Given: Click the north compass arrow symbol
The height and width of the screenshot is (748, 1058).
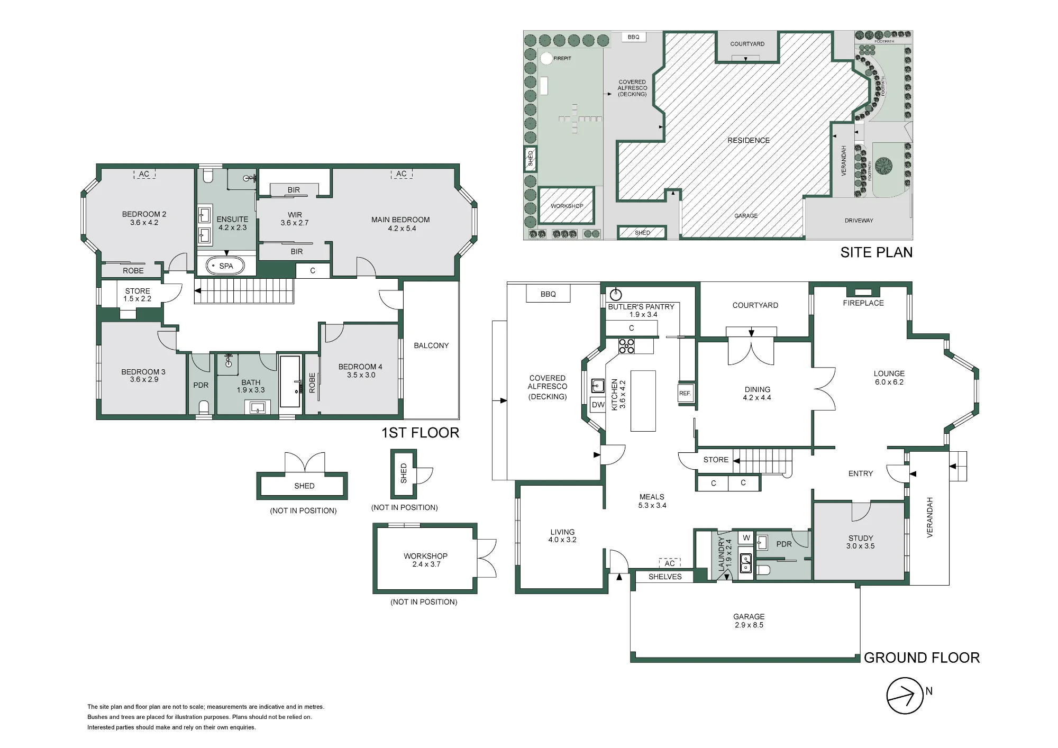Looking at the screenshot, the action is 905,696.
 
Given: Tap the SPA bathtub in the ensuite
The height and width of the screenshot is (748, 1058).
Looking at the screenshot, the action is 225,266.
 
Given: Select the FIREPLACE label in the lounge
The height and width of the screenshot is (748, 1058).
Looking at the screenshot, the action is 863,303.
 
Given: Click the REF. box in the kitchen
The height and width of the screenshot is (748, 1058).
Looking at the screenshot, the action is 685,393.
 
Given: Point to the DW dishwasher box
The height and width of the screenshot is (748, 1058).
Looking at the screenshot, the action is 598,405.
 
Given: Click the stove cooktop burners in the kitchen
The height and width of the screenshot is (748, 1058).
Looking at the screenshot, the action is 627,346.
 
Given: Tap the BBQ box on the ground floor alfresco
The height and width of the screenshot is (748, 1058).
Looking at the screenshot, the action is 548,294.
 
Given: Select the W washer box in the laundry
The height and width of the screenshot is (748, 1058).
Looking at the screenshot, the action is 746,538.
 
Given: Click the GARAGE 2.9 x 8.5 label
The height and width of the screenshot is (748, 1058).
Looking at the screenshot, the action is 749,621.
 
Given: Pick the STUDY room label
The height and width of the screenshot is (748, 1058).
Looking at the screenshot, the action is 861,538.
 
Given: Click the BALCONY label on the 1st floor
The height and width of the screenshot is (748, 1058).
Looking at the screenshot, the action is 431,345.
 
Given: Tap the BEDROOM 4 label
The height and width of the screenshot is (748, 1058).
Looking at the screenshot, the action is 360,367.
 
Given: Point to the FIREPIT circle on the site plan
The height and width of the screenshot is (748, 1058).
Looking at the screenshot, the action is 546,58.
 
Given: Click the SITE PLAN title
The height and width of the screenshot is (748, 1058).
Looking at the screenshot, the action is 877,252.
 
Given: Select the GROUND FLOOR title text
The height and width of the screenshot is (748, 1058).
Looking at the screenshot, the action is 922,658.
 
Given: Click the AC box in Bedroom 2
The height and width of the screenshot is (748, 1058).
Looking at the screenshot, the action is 144,174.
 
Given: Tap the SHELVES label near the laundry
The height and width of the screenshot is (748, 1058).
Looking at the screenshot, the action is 665,577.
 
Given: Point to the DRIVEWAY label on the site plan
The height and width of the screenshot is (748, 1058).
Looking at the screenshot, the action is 859,221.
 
